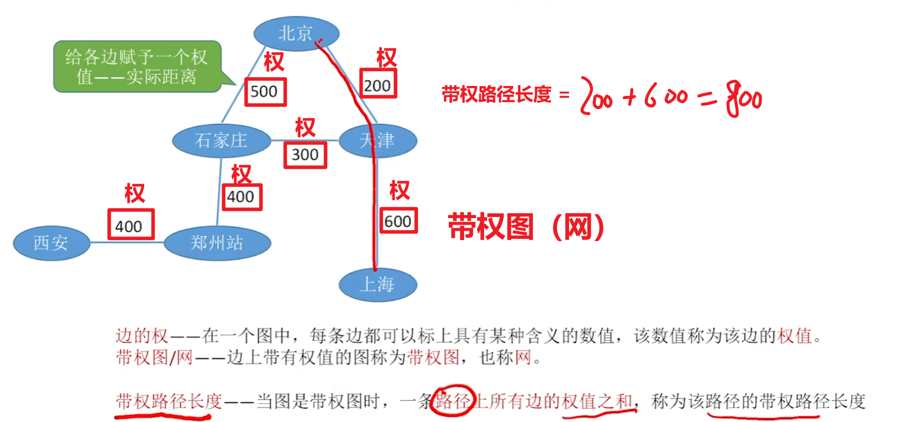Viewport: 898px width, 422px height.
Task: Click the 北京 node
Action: (296, 33)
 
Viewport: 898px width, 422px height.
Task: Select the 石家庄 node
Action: (221, 140)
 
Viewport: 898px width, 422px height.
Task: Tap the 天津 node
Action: (378, 140)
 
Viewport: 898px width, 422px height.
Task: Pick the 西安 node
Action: (51, 242)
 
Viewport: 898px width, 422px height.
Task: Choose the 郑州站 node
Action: (217, 242)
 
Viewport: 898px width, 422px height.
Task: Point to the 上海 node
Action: (378, 284)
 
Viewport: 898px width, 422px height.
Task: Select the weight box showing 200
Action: (378, 85)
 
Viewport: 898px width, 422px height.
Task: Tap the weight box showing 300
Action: (305, 155)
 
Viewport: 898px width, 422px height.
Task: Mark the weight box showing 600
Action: (398, 221)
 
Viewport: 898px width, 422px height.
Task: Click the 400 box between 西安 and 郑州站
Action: (129, 225)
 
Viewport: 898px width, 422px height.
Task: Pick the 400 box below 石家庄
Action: (241, 197)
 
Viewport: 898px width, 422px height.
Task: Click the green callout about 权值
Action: (136, 66)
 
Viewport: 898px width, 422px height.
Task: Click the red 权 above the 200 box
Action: (386, 59)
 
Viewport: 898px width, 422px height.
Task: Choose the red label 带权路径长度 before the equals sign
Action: (496, 94)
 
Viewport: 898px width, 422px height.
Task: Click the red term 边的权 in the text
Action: (142, 337)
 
